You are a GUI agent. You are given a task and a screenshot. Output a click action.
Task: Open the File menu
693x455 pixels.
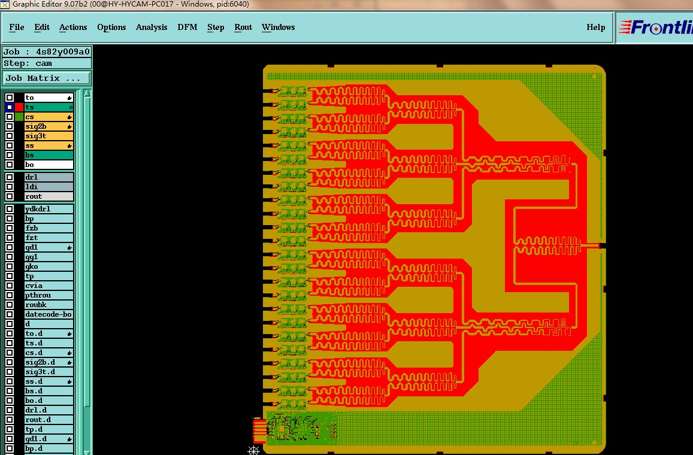17,28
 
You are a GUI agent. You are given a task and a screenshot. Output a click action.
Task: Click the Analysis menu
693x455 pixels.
152,28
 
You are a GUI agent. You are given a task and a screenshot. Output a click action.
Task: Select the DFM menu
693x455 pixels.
187,28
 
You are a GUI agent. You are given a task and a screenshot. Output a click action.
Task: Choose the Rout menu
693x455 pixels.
243,28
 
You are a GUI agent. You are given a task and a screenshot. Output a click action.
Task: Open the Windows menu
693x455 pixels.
278,28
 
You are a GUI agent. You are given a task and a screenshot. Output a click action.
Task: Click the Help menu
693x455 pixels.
595,28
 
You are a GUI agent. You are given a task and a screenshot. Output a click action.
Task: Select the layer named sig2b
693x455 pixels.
48,126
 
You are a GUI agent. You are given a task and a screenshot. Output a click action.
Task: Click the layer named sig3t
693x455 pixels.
48,136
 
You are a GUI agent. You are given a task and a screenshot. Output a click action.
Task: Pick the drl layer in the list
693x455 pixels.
48,177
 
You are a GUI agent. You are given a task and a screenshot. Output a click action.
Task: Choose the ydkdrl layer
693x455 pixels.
48,209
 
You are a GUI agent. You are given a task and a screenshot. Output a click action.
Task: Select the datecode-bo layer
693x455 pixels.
48,314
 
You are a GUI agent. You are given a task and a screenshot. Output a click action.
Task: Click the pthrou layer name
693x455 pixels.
48,295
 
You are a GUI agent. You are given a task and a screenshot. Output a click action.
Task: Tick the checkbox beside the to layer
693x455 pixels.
10,98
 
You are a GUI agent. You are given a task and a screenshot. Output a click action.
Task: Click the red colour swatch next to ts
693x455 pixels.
19,107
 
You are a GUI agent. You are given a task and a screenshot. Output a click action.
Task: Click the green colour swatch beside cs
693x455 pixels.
19,117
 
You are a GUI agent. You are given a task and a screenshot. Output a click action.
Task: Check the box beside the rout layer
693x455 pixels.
10,196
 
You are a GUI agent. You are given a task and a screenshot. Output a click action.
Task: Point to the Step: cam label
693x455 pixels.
29,63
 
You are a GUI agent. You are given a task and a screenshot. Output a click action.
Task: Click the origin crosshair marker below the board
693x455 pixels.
254,450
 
